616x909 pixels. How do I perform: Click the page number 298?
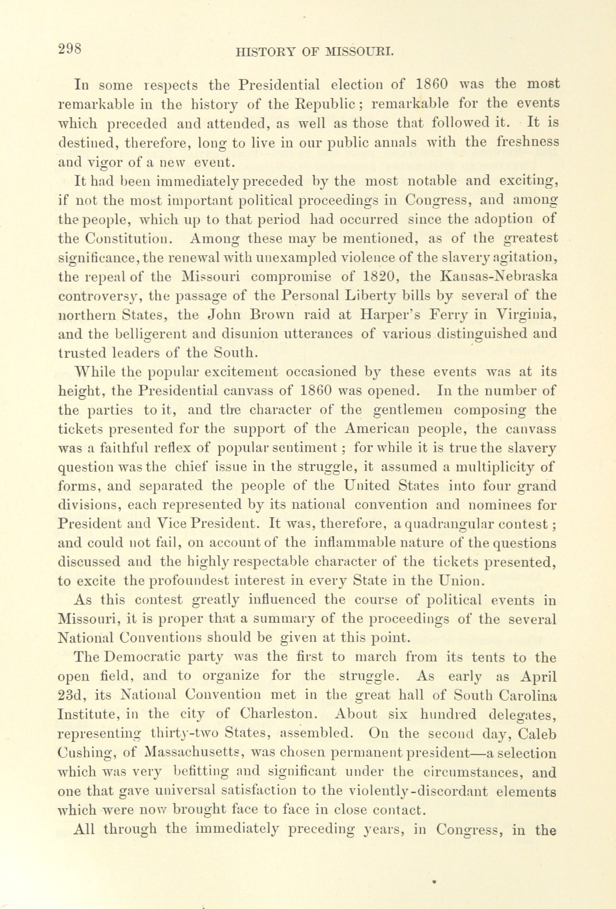[70, 50]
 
